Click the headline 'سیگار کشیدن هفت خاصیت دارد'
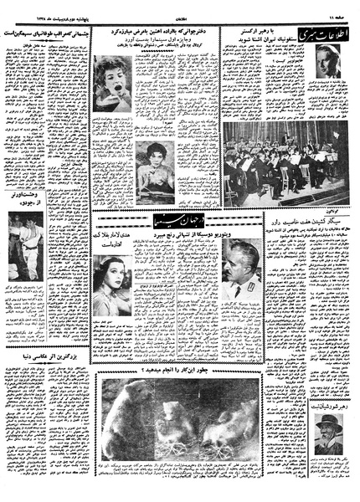pos(306,222)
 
